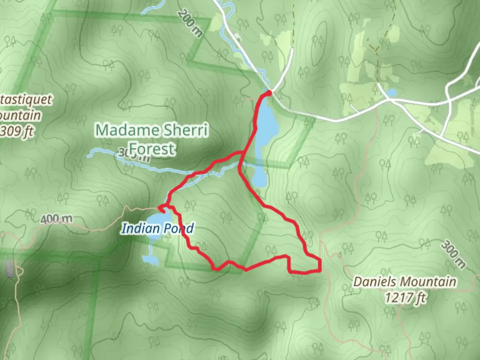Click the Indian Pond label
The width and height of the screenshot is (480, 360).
pyautogui.click(x=157, y=229)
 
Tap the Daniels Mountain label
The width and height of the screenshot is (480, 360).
pyautogui.click(x=405, y=282)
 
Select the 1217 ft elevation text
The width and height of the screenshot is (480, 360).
pyautogui.click(x=405, y=297)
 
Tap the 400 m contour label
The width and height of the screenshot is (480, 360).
pyautogui.click(x=56, y=219)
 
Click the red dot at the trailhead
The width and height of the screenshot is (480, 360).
pyautogui.click(x=269, y=93)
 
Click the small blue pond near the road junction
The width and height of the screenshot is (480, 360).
pyautogui.click(x=392, y=93)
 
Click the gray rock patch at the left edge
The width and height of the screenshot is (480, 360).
pyautogui.click(x=9, y=269)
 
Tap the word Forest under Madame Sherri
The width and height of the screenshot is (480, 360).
pyautogui.click(x=152, y=149)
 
